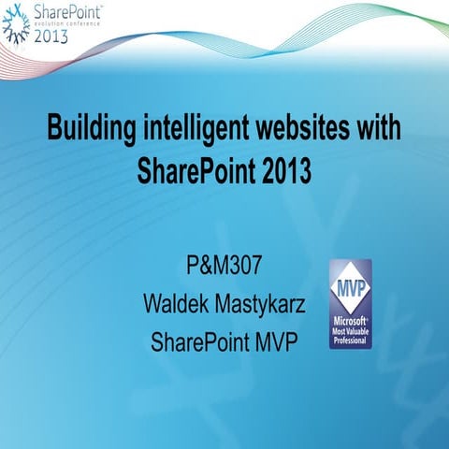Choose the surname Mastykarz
(x=259, y=304)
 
